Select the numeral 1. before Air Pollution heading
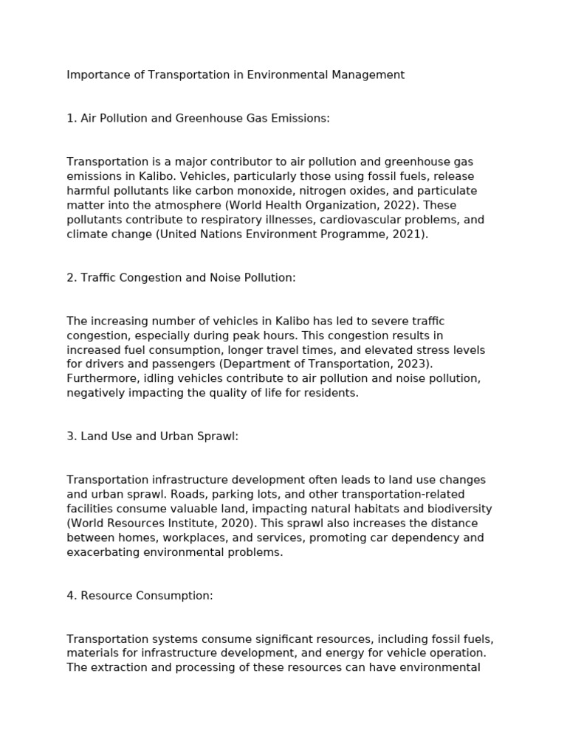(71, 119)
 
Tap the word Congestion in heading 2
(147, 278)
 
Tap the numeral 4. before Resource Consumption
(72, 596)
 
